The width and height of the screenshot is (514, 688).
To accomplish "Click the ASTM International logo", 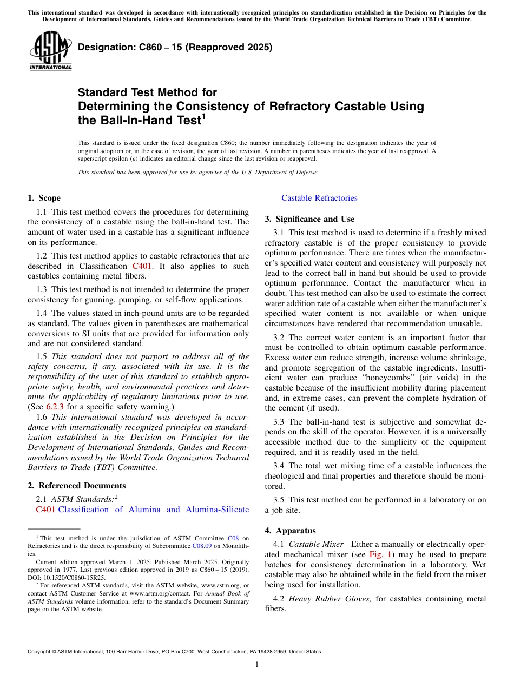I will (50, 51).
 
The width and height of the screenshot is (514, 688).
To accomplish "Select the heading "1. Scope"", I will (44, 198).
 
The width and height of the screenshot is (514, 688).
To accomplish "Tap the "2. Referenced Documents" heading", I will (77, 486).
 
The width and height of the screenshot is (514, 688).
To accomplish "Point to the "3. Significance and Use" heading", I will (309, 219).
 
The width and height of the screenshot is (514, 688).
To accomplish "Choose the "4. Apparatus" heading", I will (290, 531).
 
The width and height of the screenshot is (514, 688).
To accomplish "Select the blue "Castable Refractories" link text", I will (319, 198).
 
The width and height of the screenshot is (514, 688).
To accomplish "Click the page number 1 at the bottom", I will (257, 665).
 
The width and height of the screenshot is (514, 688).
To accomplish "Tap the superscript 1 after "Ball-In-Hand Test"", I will (203, 116).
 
